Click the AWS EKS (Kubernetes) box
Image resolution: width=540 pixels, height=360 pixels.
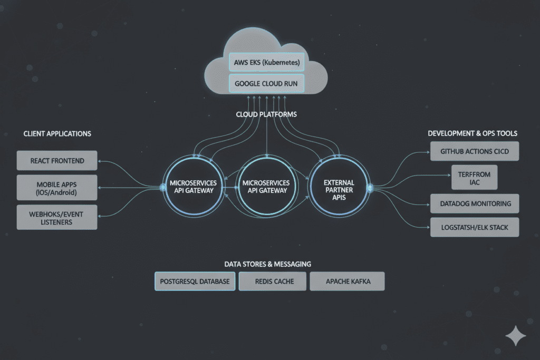coord(267,63)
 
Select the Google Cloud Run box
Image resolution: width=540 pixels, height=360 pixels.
coord(267,83)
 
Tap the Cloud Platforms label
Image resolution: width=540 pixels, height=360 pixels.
coord(267,114)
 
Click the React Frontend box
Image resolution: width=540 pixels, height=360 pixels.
coord(57,160)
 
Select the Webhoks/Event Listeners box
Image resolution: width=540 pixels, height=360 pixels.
coord(57,218)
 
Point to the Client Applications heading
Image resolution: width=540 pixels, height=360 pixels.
coord(57,133)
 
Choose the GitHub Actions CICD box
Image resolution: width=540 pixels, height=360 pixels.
coord(475,151)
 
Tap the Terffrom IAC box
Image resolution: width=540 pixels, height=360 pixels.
coord(475,178)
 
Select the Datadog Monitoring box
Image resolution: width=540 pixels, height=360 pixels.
coord(475,203)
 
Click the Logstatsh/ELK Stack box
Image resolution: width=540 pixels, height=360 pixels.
coord(475,227)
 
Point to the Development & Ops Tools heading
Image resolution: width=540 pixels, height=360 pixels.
coord(472,133)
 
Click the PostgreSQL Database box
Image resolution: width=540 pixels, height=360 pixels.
coord(195,281)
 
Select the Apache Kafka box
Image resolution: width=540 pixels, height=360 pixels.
coord(347,281)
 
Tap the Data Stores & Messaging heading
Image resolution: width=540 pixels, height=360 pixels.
coord(267,264)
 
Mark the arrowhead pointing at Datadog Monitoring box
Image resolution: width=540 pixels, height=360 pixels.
coord(428,204)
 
